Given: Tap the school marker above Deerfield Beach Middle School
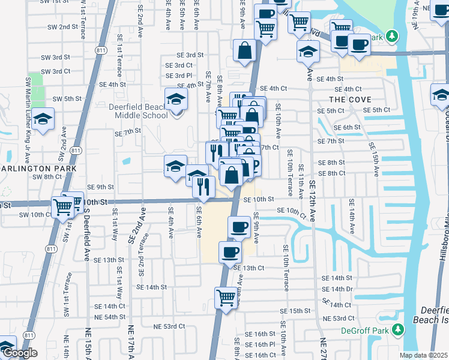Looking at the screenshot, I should pos(176,98).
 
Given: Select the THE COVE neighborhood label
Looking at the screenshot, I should pos(350,99).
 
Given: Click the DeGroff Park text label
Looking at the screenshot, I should pos(367,329).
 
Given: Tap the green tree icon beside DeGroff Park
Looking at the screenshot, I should pos(397,329).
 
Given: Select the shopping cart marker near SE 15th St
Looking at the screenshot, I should pos(226,297).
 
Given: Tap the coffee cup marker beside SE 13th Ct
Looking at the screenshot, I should pos(230,253).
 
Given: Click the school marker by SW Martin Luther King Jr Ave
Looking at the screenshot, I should pos(43,119).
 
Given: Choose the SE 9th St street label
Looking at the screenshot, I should pos(100,187).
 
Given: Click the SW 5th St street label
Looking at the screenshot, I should pos(67,98).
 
